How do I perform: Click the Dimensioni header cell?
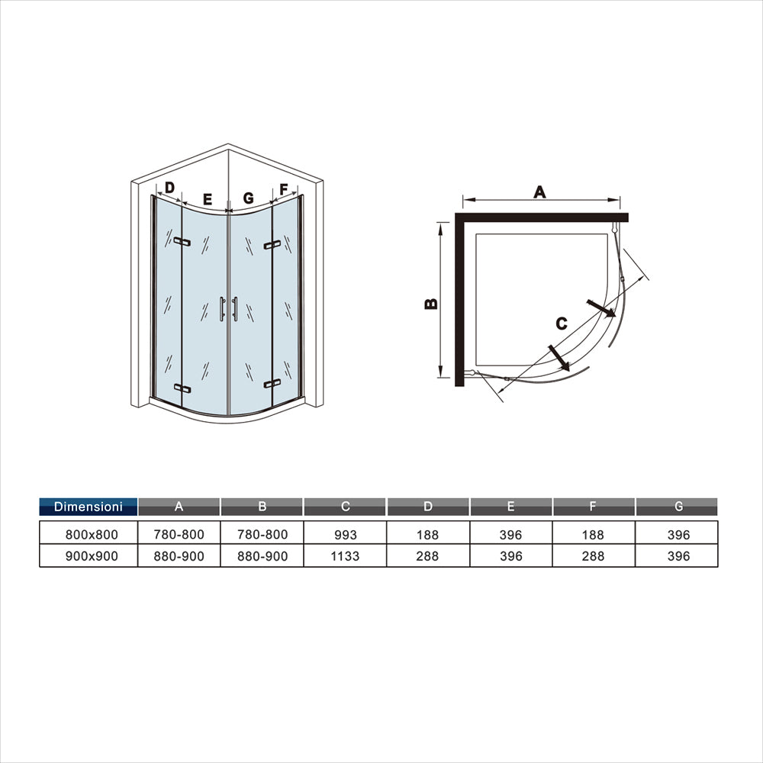[89, 507]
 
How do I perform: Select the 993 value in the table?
[346, 535]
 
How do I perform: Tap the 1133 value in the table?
[346, 556]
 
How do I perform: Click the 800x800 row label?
[89, 535]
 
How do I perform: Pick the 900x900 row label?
[89, 556]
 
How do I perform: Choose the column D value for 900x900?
[428, 556]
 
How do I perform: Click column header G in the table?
[676, 507]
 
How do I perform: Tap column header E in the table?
[510, 507]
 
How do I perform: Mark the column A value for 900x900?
[179, 556]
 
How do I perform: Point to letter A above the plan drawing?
[540, 192]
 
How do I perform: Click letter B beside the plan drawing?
[431, 303]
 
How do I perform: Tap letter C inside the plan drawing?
[561, 324]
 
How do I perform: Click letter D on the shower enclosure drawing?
[169, 187]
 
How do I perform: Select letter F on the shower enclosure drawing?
[284, 189]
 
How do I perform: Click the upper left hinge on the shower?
[182, 242]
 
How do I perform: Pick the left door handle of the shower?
[222, 309]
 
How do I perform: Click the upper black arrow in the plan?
[601, 308]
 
